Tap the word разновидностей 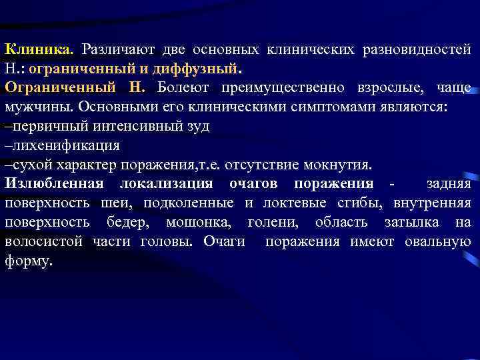point(417,50)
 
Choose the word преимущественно point(287,89)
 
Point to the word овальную point(437,242)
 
